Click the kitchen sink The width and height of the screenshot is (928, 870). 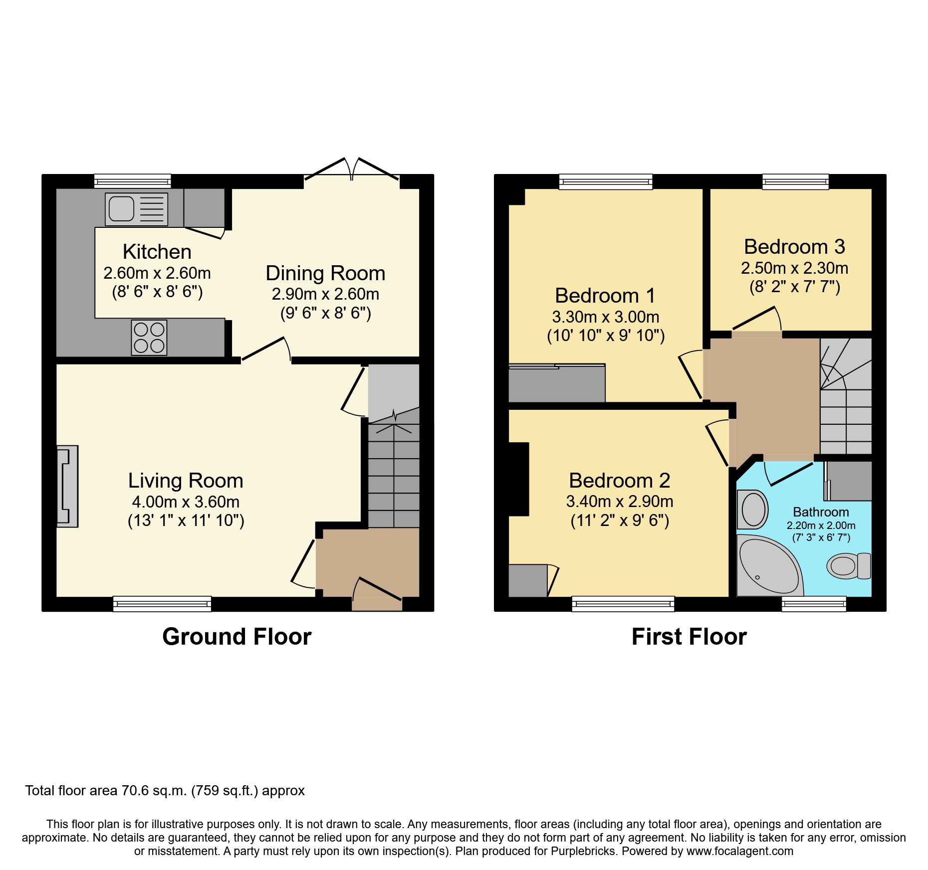pos(136,209)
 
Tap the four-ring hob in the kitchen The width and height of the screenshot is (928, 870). pos(149,338)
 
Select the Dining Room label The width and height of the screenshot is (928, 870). pos(325,273)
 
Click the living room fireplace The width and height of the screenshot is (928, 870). pos(67,486)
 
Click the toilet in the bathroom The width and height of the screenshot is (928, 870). pos(848,566)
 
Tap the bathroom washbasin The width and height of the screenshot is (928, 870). pos(752,510)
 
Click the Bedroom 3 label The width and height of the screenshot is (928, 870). pos(794,247)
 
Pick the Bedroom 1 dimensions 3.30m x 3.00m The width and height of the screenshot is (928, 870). pos(605,317)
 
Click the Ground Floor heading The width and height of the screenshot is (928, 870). pos(236,637)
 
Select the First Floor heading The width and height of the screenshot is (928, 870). pos(689,637)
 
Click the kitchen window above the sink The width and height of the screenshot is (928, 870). pos(133,181)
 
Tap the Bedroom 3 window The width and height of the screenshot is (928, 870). pos(795,181)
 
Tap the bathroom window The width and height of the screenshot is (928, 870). pos(814,604)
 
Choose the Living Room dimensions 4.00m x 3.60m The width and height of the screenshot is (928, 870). pos(186,502)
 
